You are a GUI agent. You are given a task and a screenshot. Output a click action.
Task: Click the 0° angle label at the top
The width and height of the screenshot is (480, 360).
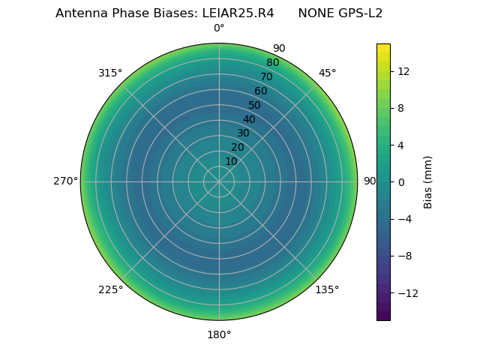(219, 28)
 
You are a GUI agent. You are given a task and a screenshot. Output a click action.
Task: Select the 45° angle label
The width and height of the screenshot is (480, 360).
(327, 73)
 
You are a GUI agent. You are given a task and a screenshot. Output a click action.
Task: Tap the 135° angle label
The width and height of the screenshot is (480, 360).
(326, 289)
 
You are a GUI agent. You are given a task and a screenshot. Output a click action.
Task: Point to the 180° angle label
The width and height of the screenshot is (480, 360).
(219, 334)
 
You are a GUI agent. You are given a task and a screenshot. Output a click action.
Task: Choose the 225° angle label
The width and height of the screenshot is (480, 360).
(110, 289)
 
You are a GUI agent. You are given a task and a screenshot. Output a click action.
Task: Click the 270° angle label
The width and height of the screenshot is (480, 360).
(65, 181)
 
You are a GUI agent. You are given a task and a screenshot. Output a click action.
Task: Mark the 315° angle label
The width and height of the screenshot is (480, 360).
(110, 73)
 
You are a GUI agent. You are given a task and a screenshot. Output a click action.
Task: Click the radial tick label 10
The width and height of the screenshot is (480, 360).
(231, 161)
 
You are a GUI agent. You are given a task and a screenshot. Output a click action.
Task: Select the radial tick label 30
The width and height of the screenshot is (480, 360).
(243, 133)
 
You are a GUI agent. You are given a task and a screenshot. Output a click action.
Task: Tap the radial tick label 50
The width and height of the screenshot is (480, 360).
(255, 106)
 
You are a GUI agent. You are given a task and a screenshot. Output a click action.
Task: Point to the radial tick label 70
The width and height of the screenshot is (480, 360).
(267, 77)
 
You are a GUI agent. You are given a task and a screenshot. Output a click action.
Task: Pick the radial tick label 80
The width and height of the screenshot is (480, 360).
(272, 63)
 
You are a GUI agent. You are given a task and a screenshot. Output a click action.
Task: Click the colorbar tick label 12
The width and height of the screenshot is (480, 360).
(403, 71)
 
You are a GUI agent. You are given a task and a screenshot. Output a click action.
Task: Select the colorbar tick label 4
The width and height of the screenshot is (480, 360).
(400, 145)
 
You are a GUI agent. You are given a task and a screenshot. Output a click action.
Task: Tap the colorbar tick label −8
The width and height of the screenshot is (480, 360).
(403, 256)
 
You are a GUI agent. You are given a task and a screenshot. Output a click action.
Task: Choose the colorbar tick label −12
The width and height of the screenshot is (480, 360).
(406, 292)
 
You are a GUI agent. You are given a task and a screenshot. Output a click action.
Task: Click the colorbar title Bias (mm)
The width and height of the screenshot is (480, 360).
(428, 181)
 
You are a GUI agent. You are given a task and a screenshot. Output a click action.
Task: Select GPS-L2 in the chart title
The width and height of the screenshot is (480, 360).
(357, 13)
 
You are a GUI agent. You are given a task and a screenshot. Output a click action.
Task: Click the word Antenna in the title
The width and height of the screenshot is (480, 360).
(80, 13)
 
